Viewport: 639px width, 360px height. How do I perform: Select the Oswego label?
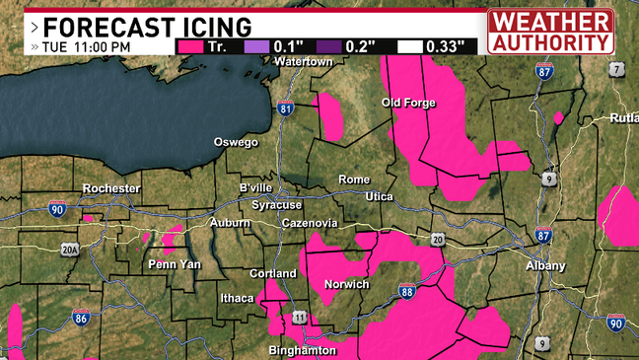pos(236,142)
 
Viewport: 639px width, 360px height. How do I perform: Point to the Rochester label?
pos(111,188)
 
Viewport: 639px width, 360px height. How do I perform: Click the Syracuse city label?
pos(276,204)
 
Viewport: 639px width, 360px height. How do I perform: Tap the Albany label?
pos(545,265)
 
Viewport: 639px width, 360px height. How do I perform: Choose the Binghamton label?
pos(302,350)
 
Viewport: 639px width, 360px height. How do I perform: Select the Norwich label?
pos(346,284)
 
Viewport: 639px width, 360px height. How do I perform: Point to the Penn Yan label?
pos(174,264)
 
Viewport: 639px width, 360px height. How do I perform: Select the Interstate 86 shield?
pos(81,318)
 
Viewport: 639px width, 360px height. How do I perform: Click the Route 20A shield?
pos(69,250)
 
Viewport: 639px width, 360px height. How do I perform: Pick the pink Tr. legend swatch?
pos(193,45)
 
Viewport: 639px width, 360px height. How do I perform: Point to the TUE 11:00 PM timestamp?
pos(89,45)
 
